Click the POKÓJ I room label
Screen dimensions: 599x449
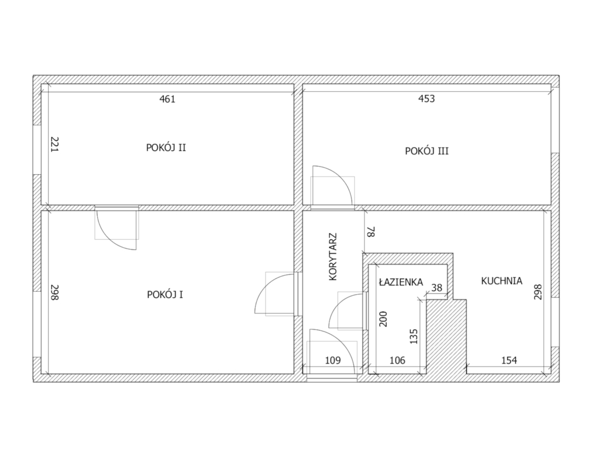point(165,295)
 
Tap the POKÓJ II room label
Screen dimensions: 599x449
point(166,147)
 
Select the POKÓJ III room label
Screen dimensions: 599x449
point(426,151)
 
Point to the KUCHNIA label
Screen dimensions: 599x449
point(501,281)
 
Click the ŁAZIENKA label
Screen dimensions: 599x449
point(401,282)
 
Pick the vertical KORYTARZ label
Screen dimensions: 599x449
point(333,257)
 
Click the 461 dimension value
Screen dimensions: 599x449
point(167,99)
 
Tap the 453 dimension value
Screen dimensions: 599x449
point(426,99)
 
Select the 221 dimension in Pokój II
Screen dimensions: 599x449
point(54,145)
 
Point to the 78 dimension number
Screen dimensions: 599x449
point(371,232)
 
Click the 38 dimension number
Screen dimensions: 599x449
point(436,288)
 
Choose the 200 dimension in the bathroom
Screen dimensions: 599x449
point(383,319)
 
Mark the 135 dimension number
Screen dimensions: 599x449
point(414,336)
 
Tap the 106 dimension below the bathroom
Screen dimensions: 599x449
point(397,360)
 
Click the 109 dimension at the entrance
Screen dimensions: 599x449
point(333,360)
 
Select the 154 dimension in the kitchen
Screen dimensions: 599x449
point(510,360)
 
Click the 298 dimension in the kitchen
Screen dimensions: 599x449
point(538,292)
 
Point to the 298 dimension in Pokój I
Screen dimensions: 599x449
point(54,292)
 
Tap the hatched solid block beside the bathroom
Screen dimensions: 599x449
point(446,337)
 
